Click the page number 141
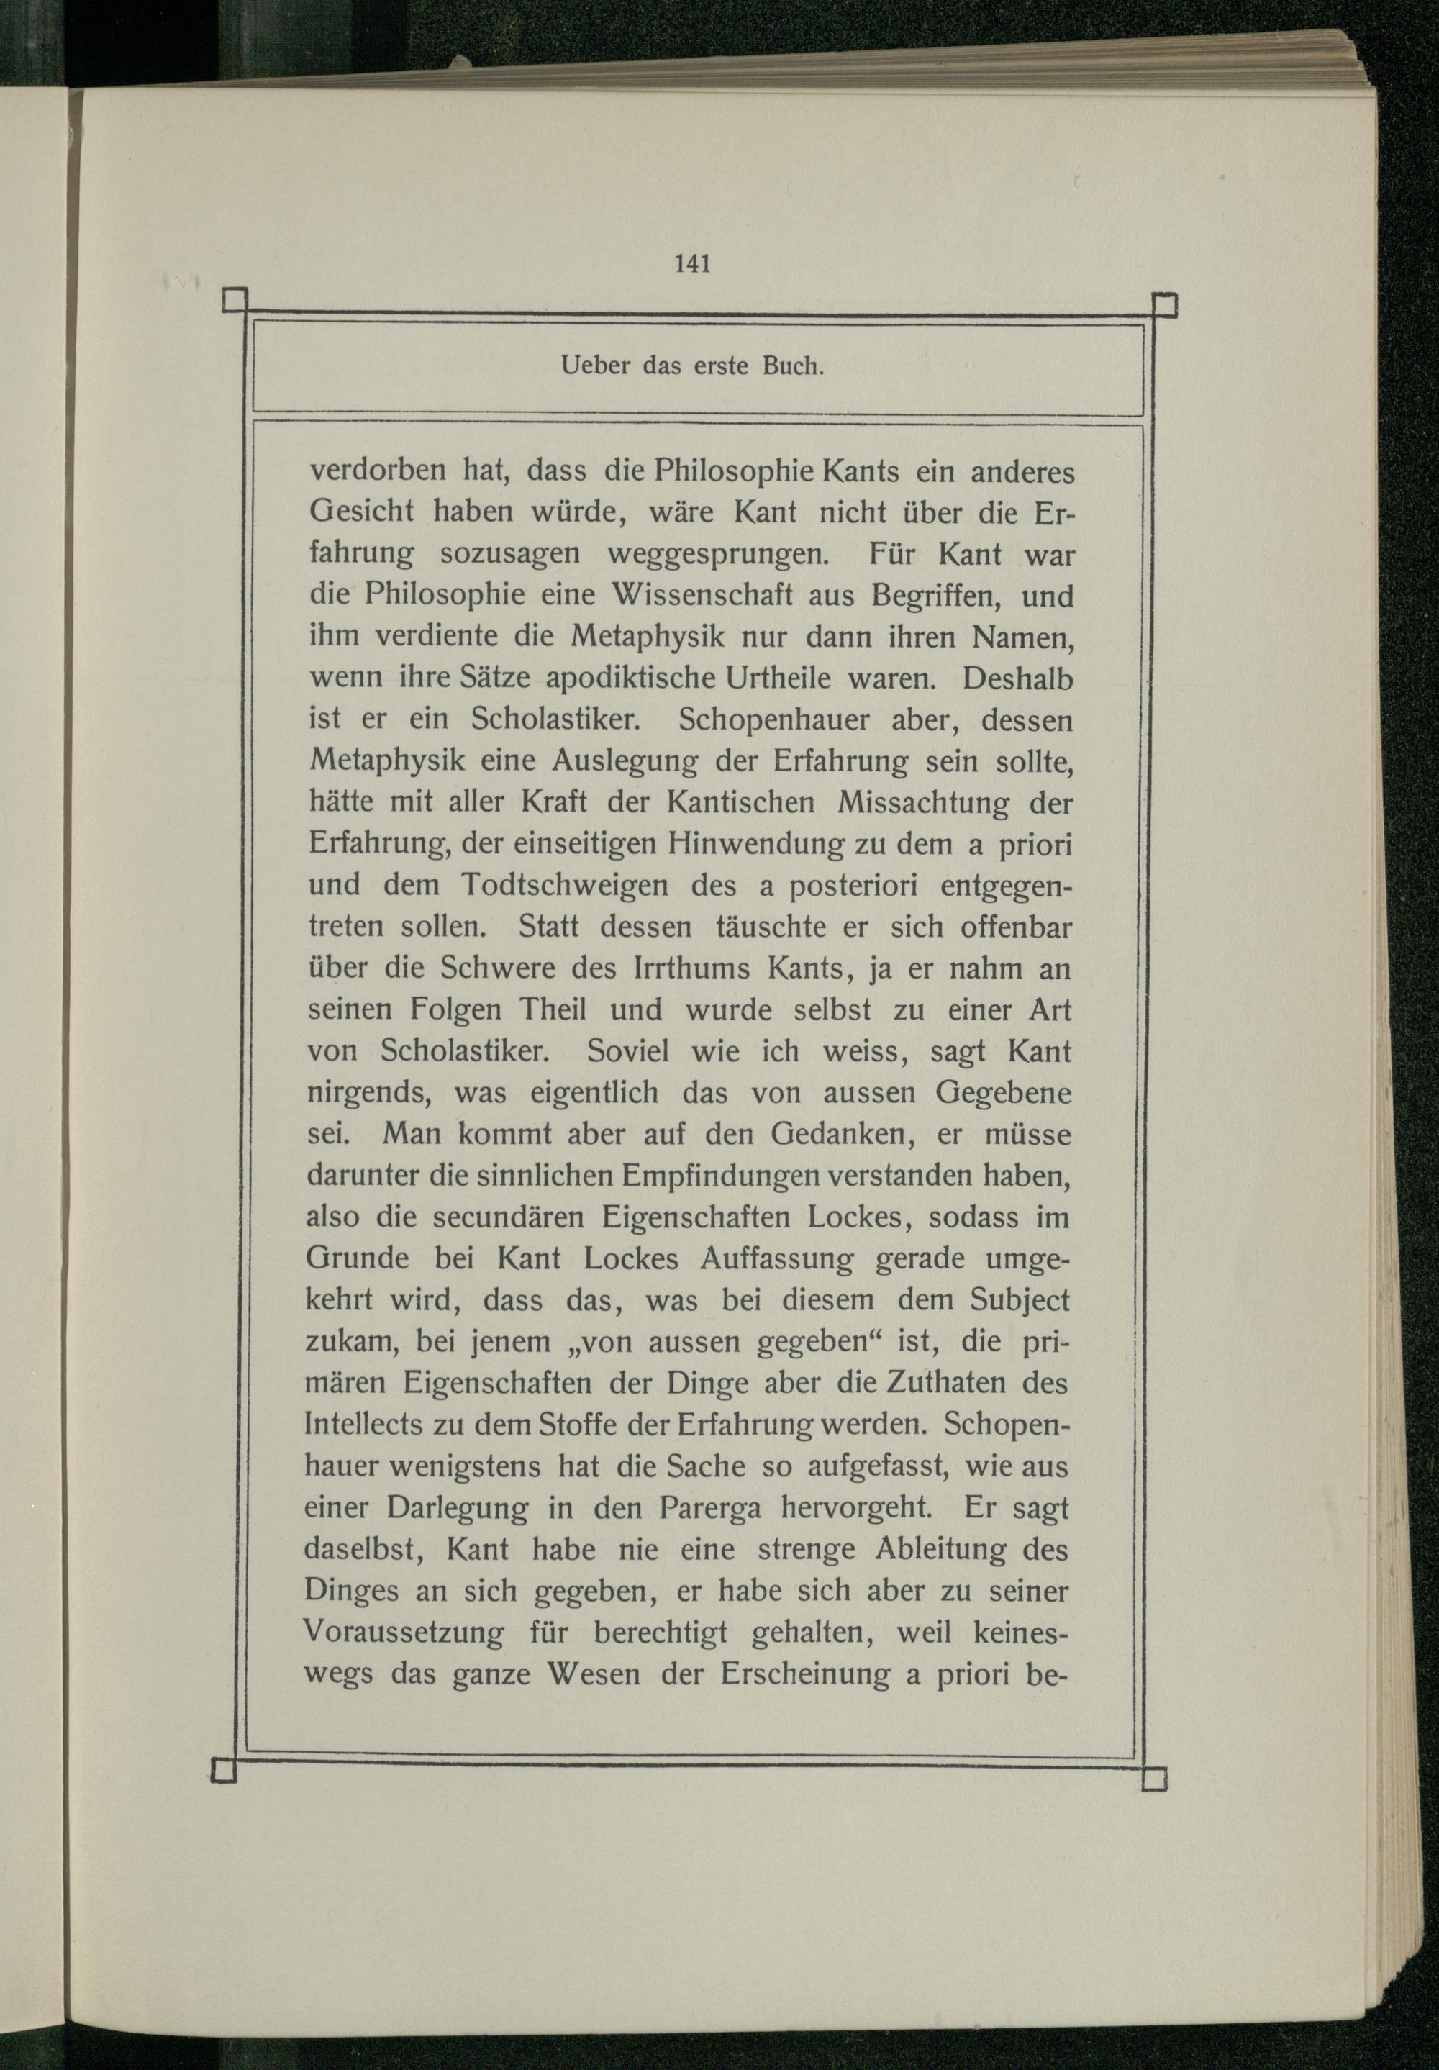click(692, 263)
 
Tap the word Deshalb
click(1018, 677)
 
